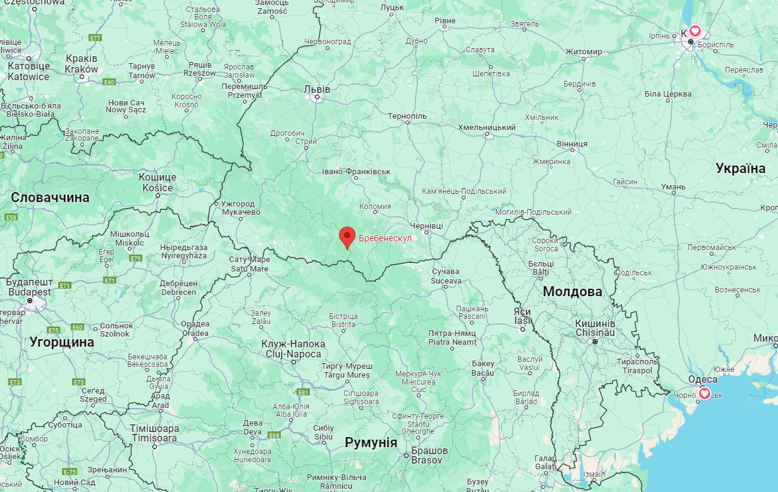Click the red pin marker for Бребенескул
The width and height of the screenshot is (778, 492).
347,237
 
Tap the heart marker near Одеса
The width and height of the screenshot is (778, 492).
703,393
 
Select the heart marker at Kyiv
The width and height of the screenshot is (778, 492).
695,30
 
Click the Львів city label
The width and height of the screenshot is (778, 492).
317,89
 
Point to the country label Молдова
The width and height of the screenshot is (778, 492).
572,292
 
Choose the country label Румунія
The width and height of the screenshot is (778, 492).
371,442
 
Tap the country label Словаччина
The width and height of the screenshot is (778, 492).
50,198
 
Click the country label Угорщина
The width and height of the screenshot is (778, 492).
61,342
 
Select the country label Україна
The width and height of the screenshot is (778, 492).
740,168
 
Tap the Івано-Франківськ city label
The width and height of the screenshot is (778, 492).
356,172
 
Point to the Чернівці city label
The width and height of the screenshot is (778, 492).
427,225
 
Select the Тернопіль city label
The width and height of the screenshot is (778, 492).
407,116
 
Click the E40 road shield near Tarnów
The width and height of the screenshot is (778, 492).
109,82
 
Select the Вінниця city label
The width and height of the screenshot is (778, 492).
572,144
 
